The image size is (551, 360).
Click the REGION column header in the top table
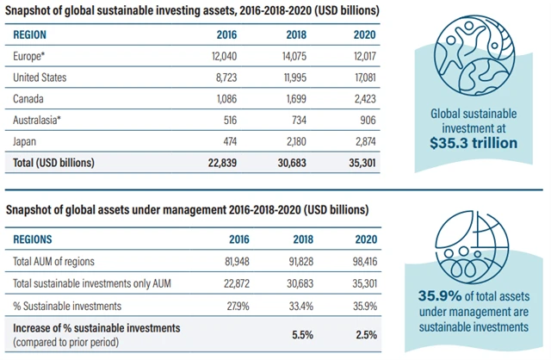click(30, 35)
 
